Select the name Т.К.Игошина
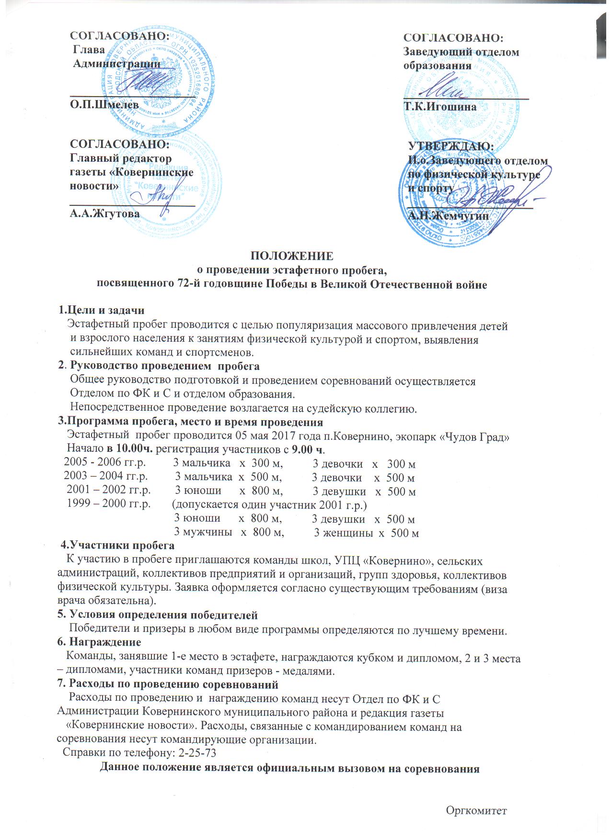click(440, 107)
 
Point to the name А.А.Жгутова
click(105, 213)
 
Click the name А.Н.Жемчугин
click(448, 216)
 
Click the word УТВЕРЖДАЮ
click(450, 146)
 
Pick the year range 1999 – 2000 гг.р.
click(109, 504)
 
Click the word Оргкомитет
click(476, 810)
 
